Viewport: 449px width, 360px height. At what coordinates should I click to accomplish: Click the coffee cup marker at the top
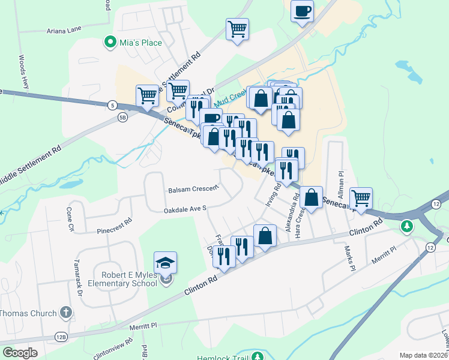(302, 11)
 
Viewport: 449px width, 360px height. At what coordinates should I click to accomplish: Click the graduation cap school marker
(165, 263)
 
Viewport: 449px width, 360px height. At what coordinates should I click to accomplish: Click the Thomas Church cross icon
(65, 313)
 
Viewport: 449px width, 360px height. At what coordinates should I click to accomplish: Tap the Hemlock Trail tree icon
(258, 356)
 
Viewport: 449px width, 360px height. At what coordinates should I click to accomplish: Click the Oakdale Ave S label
(185, 210)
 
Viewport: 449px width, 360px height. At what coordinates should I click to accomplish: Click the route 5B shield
(122, 118)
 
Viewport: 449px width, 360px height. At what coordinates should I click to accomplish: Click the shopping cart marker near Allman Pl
(361, 197)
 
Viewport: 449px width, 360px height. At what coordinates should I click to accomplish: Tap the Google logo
(20, 353)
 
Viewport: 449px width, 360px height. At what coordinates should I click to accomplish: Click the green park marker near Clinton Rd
(408, 226)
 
